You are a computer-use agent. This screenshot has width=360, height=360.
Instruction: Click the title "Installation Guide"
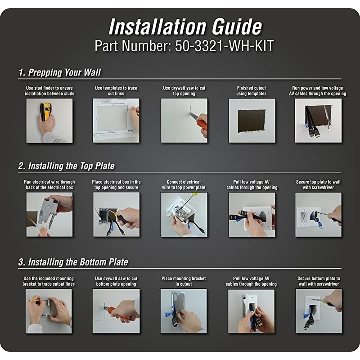coord(185,27)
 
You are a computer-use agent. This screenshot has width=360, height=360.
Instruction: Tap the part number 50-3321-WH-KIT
coord(224,46)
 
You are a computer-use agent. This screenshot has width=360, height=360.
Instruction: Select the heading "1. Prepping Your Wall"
coord(59,72)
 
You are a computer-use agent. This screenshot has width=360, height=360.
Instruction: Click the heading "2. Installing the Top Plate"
coord(66,166)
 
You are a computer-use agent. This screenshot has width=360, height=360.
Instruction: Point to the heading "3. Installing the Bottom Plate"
coord(73,262)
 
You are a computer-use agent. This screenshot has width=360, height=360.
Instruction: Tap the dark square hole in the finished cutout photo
coord(252,121)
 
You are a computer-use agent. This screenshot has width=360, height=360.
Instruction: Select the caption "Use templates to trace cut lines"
coord(116,91)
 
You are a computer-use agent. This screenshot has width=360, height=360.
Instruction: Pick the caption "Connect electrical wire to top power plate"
coord(184,184)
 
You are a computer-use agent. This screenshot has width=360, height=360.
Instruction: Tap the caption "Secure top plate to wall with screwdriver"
coord(318,184)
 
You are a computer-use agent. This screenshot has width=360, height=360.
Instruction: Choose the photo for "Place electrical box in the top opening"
coord(116,215)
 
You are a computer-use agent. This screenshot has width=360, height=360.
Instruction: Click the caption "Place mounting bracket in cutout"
coord(184,281)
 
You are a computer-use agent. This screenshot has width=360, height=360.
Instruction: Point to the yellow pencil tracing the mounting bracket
coord(37,300)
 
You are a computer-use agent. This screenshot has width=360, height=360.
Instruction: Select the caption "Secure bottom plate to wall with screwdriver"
coord(319,281)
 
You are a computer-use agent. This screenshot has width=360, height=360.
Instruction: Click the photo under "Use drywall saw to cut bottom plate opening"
coord(116,311)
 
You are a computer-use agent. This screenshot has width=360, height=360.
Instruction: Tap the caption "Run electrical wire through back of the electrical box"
coord(49,184)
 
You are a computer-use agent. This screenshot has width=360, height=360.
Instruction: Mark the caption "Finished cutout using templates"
coord(252,91)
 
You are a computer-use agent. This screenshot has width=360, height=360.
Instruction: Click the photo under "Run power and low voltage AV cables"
coord(318,121)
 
